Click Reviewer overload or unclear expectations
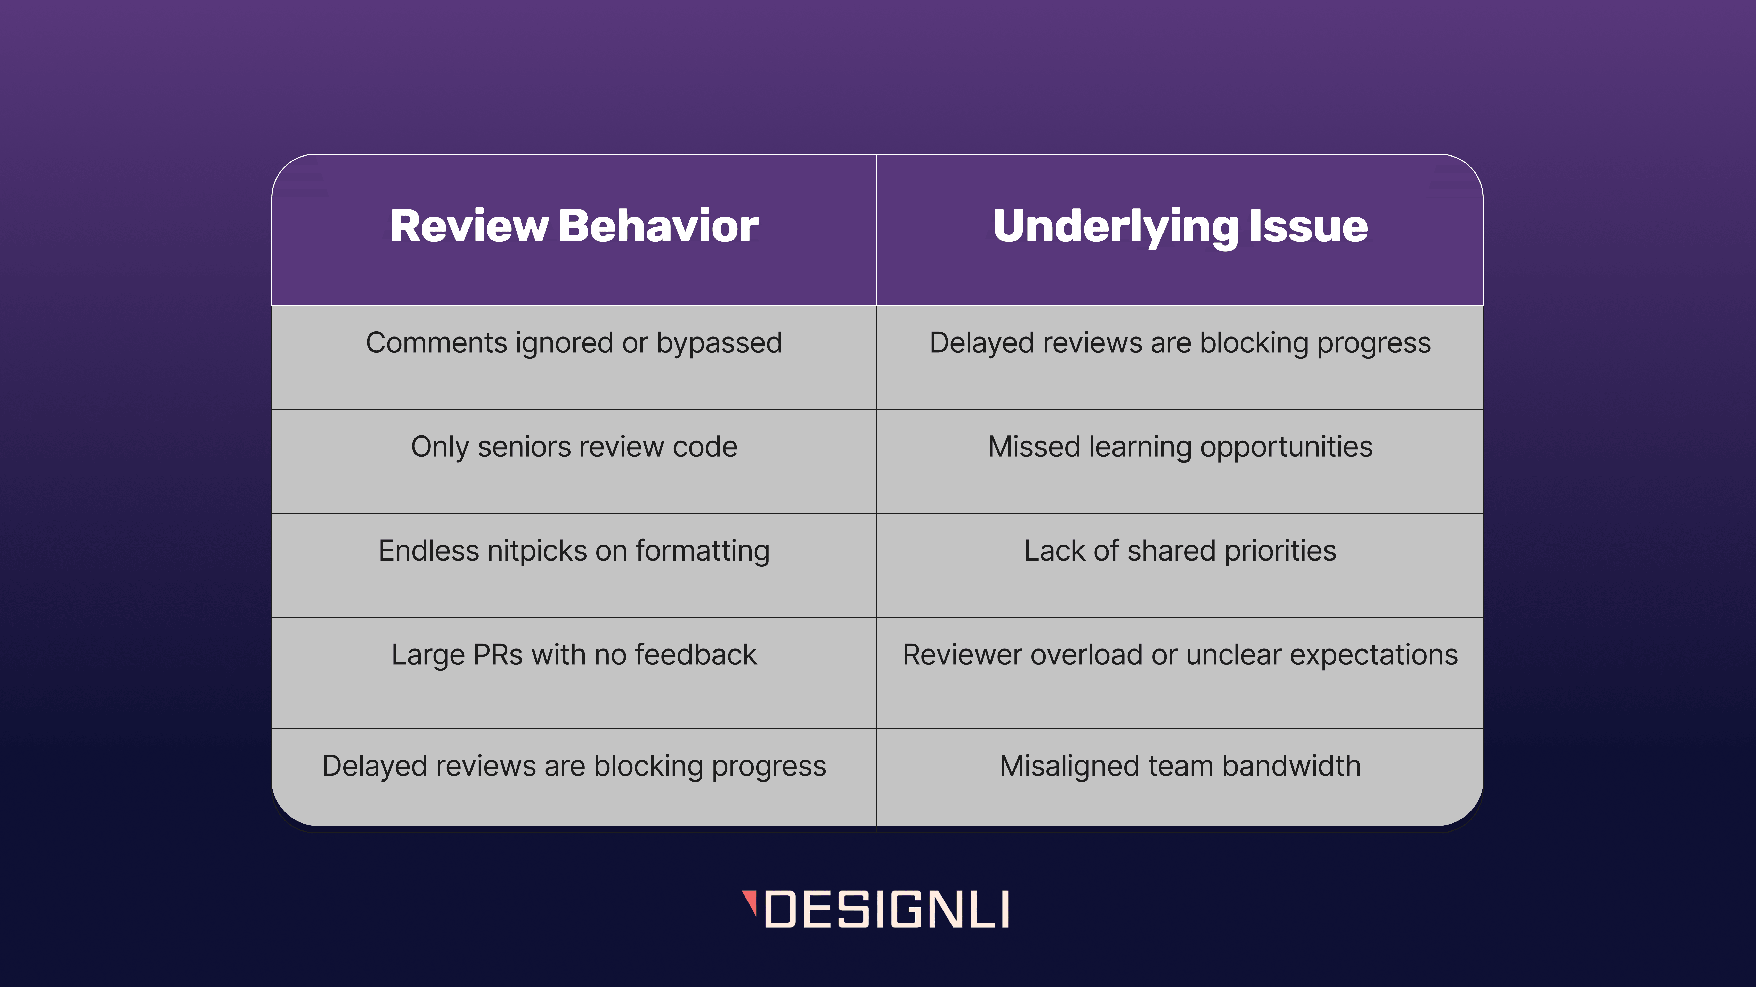[1180, 655]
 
